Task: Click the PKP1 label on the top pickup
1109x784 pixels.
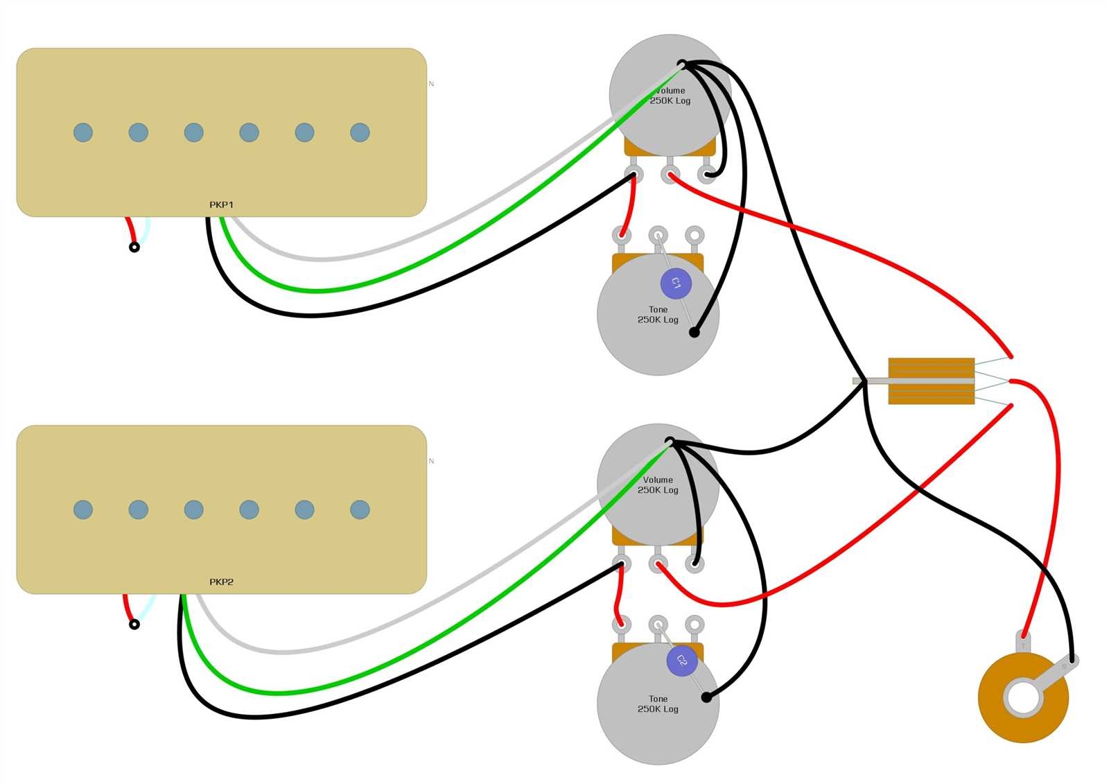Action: pyautogui.click(x=221, y=204)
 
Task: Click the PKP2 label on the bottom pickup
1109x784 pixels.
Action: pyautogui.click(x=221, y=582)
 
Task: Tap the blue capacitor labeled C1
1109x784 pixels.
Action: pyautogui.click(x=676, y=284)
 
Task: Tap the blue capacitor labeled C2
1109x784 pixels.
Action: pyautogui.click(x=681, y=661)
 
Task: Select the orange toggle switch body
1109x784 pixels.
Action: pyautogui.click(x=931, y=381)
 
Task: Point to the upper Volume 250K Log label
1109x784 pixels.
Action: pyautogui.click(x=670, y=96)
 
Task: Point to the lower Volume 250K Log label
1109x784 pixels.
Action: pyautogui.click(x=658, y=485)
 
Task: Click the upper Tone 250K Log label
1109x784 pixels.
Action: pyautogui.click(x=658, y=315)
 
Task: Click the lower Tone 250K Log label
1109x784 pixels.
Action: pyautogui.click(x=658, y=704)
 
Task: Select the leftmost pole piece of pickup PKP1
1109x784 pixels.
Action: pyautogui.click(x=83, y=132)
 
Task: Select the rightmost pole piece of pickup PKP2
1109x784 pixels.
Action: pyautogui.click(x=360, y=509)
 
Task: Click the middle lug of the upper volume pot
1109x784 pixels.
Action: pyautogui.click(x=670, y=173)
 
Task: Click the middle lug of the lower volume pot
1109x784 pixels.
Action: pyautogui.click(x=658, y=563)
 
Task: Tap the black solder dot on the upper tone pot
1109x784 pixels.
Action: pyautogui.click(x=694, y=333)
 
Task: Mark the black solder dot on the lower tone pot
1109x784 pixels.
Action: pyautogui.click(x=706, y=697)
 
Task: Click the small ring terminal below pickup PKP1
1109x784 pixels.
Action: pyautogui.click(x=134, y=247)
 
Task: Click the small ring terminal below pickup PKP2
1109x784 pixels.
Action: pyautogui.click(x=134, y=625)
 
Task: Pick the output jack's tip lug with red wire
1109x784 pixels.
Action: pyautogui.click(x=1024, y=638)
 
